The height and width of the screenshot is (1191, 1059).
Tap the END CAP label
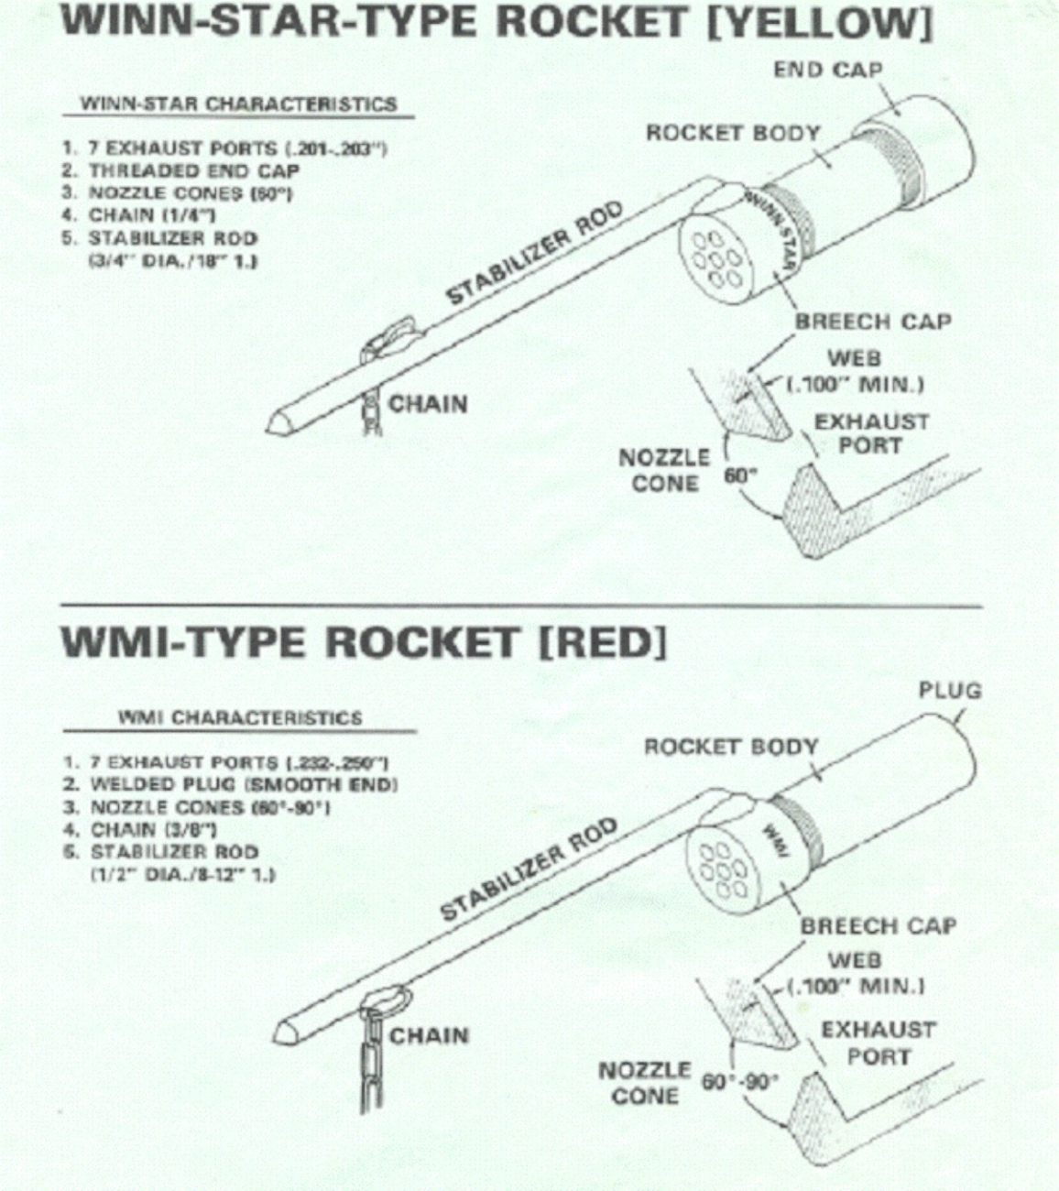click(x=827, y=71)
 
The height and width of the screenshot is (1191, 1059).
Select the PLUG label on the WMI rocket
click(x=949, y=690)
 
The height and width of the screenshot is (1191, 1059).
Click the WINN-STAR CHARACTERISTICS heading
click(x=239, y=104)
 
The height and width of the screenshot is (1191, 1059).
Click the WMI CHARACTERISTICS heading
click(x=240, y=717)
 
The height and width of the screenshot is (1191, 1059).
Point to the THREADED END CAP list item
click(x=193, y=170)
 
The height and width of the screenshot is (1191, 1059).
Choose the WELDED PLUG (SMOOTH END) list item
click(x=243, y=785)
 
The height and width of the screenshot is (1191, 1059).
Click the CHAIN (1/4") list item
click(x=151, y=215)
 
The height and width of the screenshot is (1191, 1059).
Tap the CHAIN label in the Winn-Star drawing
click(x=428, y=404)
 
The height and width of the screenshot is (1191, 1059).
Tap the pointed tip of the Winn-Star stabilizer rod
click(x=274, y=424)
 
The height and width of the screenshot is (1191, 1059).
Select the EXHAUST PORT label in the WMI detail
click(x=878, y=1043)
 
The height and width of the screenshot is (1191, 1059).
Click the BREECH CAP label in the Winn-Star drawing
click(x=872, y=322)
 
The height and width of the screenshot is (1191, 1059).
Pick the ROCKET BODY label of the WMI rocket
click(x=730, y=747)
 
